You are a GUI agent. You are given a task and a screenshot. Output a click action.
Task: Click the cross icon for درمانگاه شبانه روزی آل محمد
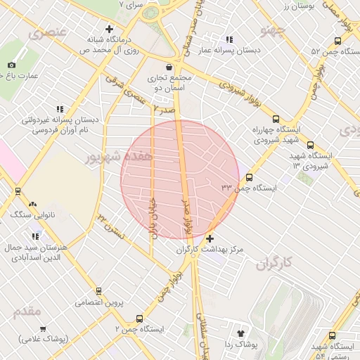[108, 30]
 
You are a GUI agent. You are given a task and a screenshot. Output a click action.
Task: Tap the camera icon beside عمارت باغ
[11, 65]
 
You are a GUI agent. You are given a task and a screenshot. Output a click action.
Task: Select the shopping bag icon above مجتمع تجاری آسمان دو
[169, 67]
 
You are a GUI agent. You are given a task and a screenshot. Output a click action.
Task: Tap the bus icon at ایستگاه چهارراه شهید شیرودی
[275, 119]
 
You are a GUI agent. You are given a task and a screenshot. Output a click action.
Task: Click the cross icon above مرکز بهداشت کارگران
[210, 239]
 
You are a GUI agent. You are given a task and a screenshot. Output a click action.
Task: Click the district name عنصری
[47, 32]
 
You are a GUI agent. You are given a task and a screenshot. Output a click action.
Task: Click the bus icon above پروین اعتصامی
[98, 290]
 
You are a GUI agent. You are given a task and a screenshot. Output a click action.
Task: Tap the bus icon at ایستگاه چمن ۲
[139, 318]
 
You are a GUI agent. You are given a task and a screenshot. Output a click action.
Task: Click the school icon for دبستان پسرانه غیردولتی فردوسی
[59, 109]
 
